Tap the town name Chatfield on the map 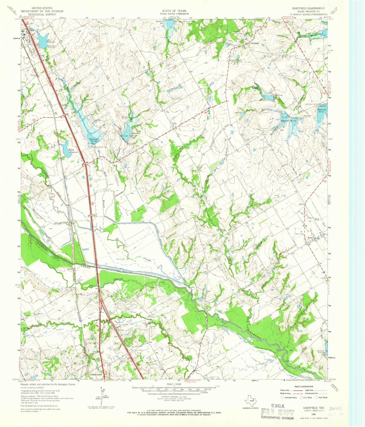click(x=254, y=43)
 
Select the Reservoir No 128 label click(x=93, y=140)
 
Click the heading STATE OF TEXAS click(x=175, y=11)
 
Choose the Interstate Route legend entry click(x=290, y=397)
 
